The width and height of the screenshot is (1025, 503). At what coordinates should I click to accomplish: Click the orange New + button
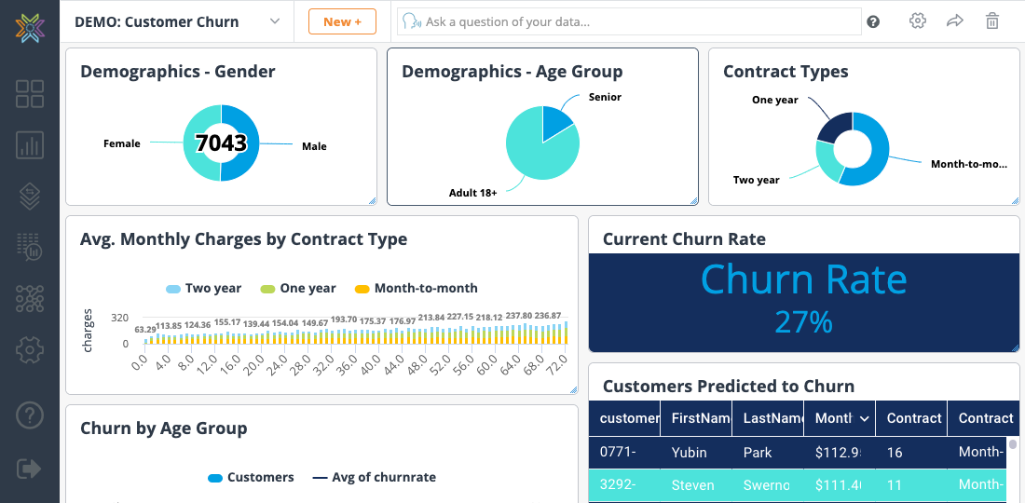click(x=342, y=21)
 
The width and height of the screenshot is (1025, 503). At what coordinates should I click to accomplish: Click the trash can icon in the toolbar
click(x=992, y=21)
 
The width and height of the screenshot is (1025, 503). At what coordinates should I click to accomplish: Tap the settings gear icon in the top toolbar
click(x=918, y=21)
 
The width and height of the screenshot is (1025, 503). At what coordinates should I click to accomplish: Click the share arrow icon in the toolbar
click(x=955, y=21)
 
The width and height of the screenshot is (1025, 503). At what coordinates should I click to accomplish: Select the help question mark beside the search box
click(x=873, y=21)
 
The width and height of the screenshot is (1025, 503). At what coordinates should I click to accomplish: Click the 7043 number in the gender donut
click(x=221, y=143)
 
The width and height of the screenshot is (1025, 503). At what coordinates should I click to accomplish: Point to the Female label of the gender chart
click(x=122, y=143)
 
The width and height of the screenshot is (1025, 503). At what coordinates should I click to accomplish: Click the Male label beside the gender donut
click(x=314, y=146)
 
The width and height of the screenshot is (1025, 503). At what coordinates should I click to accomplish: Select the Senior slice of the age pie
click(x=556, y=122)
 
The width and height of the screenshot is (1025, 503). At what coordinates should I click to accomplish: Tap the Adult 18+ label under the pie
click(x=473, y=193)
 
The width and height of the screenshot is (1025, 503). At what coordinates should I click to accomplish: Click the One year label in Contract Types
click(x=775, y=100)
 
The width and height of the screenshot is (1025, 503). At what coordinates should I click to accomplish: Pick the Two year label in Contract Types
click(x=756, y=180)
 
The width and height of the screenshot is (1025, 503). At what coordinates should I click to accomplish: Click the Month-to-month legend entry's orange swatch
click(x=363, y=289)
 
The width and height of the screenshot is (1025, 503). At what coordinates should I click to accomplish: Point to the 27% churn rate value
click(x=803, y=321)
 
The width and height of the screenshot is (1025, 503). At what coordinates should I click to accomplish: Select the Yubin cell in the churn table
click(x=690, y=453)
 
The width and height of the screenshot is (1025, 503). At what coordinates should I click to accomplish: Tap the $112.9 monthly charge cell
click(x=836, y=453)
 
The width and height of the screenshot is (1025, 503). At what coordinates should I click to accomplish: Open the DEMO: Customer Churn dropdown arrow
click(x=275, y=21)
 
